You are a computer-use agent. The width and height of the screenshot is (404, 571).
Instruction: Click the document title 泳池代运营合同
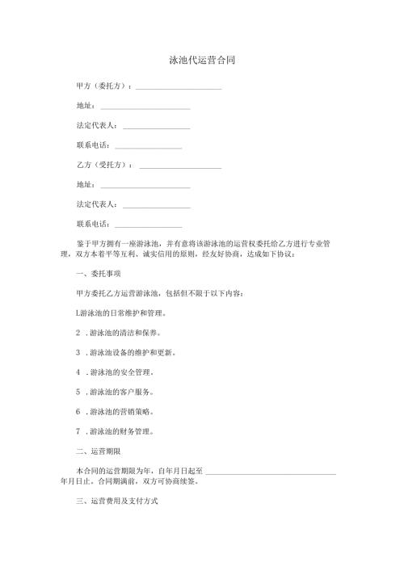point(202,60)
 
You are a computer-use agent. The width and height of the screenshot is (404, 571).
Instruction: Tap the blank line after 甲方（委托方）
point(178,87)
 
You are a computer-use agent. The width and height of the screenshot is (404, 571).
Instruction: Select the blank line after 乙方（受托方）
point(180,167)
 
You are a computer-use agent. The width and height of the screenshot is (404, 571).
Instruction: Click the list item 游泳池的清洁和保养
point(125,333)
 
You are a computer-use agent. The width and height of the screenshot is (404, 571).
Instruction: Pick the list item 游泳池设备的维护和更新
point(132,352)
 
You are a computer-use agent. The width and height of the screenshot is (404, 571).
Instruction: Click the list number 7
point(78,431)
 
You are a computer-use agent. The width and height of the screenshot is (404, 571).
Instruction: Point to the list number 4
point(78,372)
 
